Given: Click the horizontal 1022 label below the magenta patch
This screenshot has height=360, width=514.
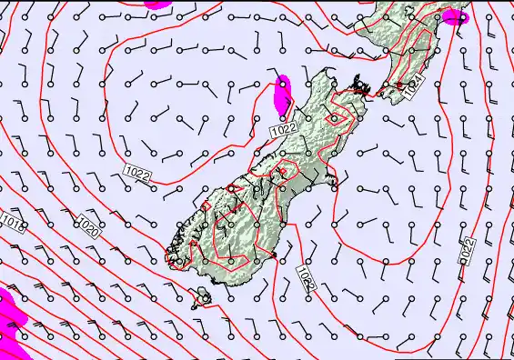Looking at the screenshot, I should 284,132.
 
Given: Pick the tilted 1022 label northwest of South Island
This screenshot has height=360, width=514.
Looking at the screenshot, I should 136,172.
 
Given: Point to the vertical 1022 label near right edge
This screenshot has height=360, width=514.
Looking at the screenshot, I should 467,251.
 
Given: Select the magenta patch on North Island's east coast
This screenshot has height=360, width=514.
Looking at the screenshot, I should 454,16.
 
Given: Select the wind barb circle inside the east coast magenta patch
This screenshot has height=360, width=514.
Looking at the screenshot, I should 460,16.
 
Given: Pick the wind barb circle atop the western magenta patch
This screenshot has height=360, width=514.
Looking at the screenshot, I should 284,85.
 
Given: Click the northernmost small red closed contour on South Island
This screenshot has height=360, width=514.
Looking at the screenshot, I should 337,117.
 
